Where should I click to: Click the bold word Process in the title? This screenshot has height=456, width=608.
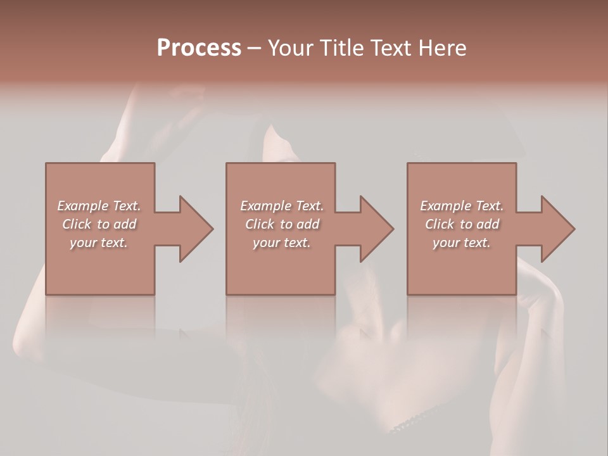[x=199, y=48]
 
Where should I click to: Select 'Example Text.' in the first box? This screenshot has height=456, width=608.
[x=99, y=206]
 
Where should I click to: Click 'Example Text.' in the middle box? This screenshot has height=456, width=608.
[x=282, y=206]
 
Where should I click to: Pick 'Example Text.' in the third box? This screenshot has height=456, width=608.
[x=462, y=206]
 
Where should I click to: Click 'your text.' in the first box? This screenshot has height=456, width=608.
[x=99, y=243]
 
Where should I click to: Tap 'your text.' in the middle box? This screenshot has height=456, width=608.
[x=282, y=243]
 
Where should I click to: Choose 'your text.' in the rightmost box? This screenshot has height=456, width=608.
[x=462, y=243]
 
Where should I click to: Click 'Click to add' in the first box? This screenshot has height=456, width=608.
[x=99, y=224]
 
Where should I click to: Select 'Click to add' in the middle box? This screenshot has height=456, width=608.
[x=282, y=224]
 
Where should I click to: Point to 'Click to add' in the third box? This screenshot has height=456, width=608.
[x=462, y=224]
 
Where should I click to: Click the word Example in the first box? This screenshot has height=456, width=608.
[x=82, y=206]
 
